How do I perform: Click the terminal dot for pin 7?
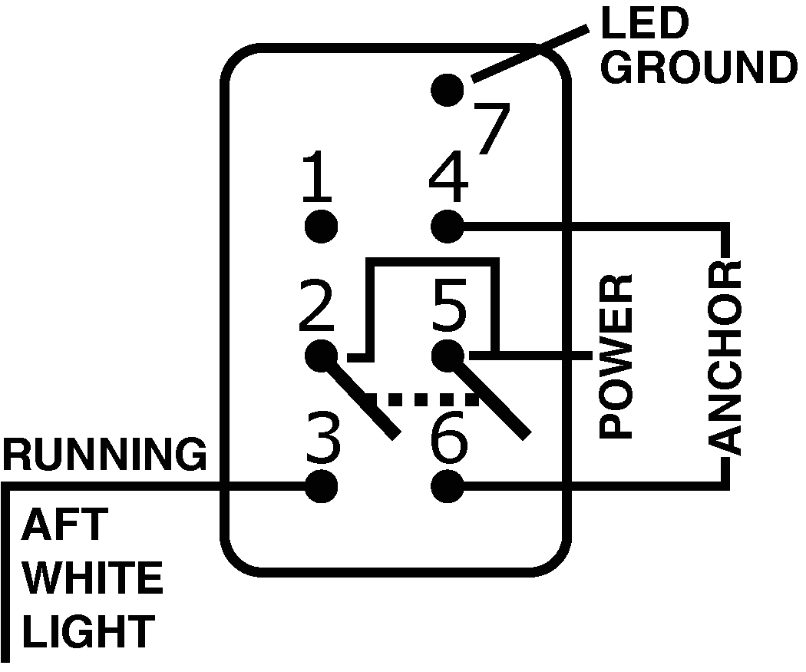(448, 89)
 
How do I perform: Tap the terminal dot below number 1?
(321, 226)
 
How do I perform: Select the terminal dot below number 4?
(448, 226)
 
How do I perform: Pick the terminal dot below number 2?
(321, 355)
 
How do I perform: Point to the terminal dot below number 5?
(448, 355)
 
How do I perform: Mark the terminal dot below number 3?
(321, 485)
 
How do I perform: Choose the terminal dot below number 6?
(448, 485)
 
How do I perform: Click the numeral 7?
(492, 129)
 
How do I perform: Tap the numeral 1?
(317, 177)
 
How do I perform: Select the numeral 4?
(448, 177)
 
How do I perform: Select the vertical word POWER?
(616, 356)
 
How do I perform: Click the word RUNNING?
(104, 455)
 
